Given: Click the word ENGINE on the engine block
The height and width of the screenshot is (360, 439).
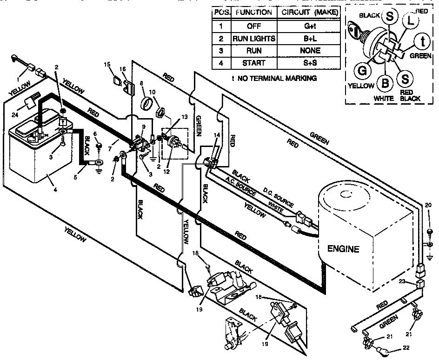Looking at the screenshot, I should [343, 249].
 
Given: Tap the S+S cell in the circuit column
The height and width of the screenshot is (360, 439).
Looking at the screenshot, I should [308, 63].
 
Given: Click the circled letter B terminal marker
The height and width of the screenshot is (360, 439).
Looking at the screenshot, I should [385, 83].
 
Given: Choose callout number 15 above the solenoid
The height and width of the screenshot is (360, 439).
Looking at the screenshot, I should [106, 64].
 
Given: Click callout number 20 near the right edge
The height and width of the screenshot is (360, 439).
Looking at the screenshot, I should [428, 205].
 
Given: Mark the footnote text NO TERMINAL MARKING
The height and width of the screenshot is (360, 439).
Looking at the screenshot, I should [277, 78].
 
